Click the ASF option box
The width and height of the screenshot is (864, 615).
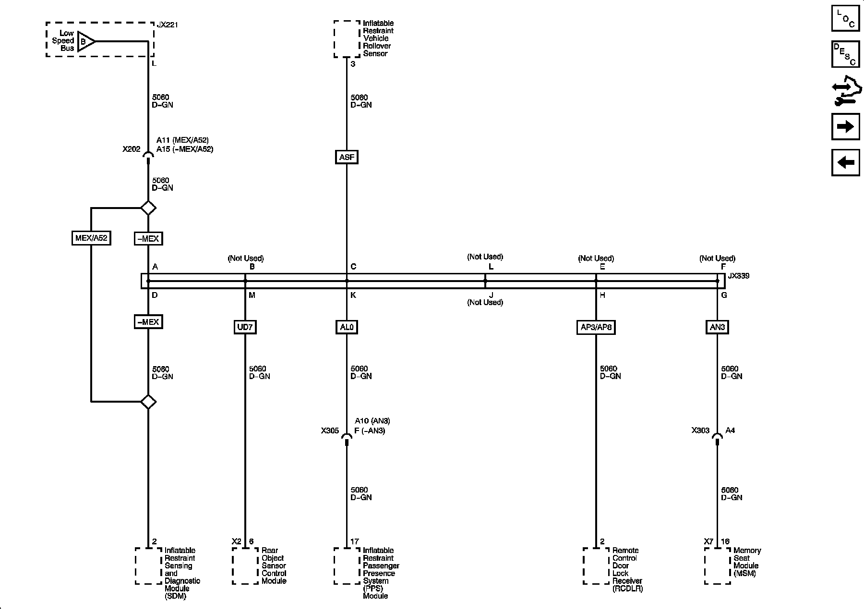[347, 157]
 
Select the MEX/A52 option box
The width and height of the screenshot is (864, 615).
[91, 238]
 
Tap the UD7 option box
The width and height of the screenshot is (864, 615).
[245, 327]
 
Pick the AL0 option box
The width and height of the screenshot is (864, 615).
[347, 327]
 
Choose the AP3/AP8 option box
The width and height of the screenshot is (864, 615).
[596, 327]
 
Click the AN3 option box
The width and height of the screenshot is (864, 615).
[717, 327]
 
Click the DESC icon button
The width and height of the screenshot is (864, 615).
[845, 54]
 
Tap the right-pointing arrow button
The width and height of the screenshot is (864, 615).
[845, 126]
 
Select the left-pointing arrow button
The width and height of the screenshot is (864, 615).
[845, 162]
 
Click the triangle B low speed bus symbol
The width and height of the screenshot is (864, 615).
[85, 41]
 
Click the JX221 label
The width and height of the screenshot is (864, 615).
[168, 25]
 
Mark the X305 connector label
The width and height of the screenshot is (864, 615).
[330, 431]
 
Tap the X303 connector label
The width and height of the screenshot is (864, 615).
[700, 430]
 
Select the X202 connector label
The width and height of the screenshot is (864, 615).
[131, 149]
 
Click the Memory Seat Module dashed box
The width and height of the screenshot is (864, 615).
[717, 566]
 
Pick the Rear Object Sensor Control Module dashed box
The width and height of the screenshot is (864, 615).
[245, 566]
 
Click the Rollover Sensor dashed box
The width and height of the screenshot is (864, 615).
[347, 39]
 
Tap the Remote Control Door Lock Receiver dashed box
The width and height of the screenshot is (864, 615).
[596, 566]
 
